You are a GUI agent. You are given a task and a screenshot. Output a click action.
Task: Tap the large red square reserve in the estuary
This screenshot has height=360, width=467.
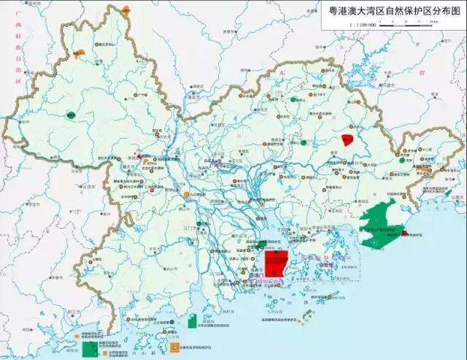pos(275,264)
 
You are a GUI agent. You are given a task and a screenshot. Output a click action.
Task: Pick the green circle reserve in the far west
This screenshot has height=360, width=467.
pos(71,115)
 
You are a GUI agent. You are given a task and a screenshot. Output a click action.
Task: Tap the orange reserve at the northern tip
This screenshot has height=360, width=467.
pos(126,10)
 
